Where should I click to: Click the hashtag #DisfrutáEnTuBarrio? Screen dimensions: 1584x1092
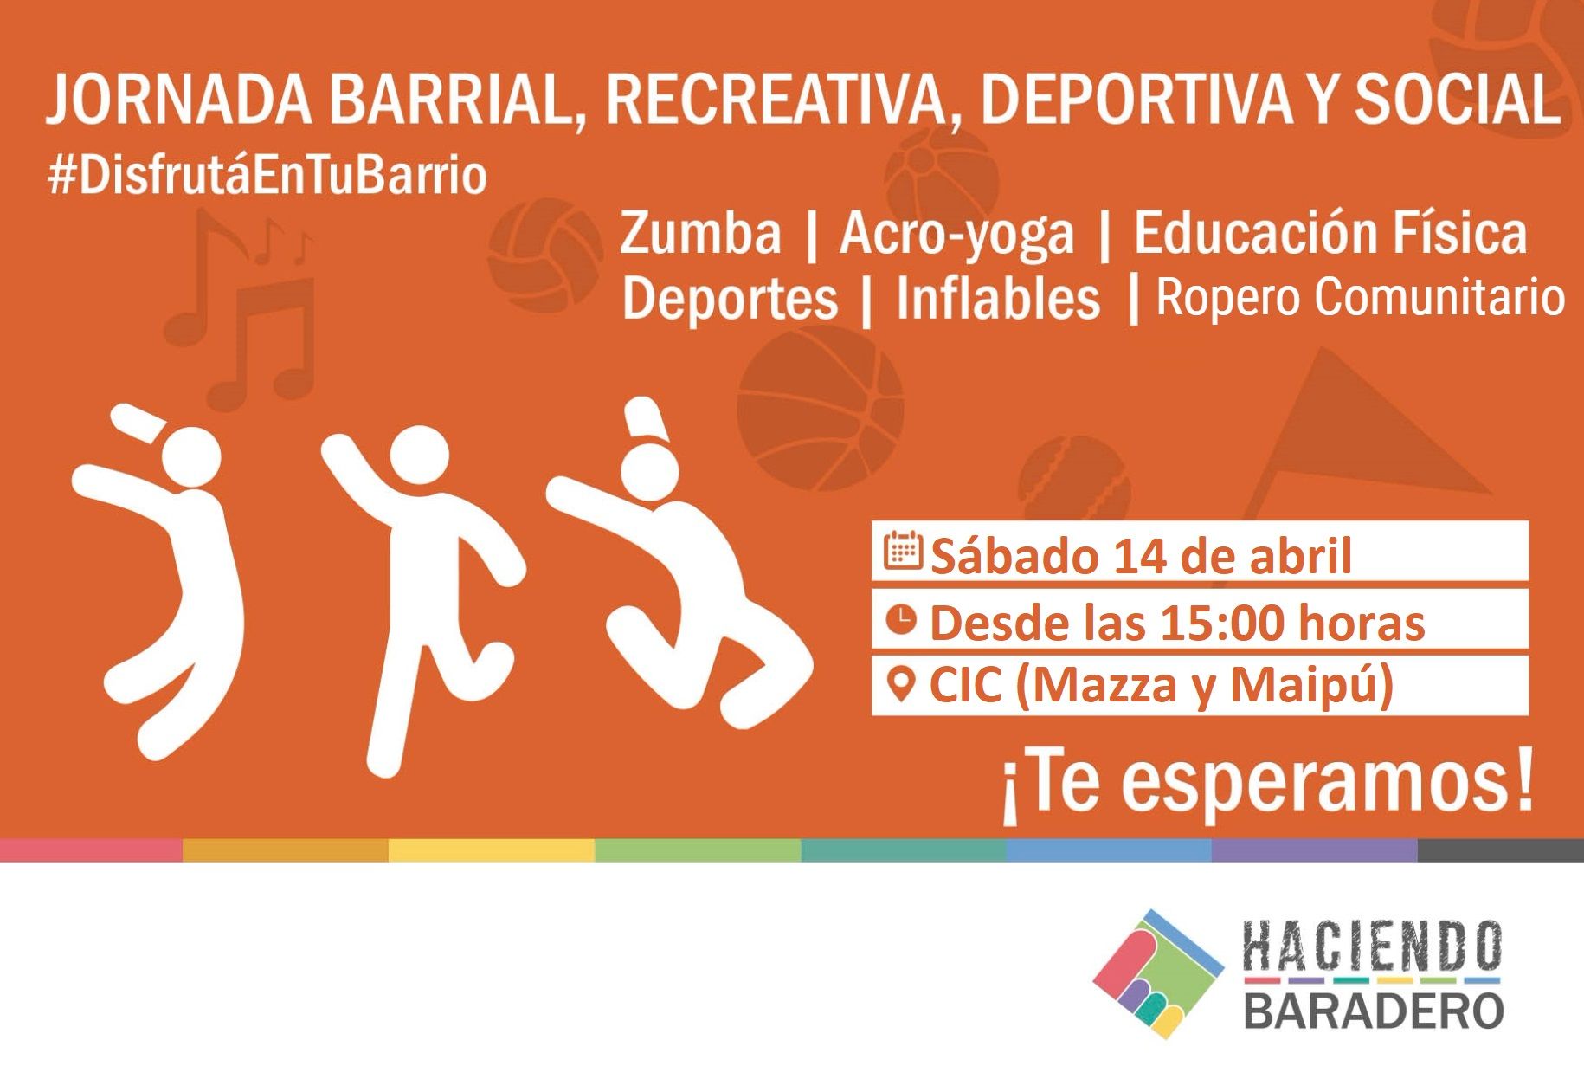(267, 176)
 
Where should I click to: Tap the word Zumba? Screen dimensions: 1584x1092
(700, 233)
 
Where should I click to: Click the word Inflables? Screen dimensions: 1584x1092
(998, 298)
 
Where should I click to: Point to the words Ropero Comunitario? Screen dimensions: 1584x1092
(1361, 298)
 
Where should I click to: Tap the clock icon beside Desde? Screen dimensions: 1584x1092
(901, 619)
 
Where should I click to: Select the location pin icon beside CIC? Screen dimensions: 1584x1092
(902, 685)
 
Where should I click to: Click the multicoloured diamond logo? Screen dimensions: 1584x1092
(1158, 973)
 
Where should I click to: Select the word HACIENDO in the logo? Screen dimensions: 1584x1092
(1372, 946)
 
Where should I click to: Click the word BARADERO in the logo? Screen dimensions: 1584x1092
(1374, 1010)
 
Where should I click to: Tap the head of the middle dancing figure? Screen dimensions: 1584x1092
(419, 456)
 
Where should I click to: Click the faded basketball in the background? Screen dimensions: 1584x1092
(820, 407)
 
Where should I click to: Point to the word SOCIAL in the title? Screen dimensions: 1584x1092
(1457, 100)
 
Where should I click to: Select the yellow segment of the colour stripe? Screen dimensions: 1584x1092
(492, 850)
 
